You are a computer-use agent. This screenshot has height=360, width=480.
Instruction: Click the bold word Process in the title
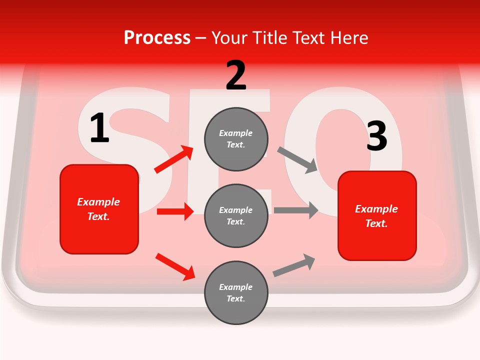(x=157, y=38)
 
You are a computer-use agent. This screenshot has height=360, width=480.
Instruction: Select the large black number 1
(x=99, y=128)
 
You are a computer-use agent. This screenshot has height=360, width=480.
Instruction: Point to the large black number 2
(x=236, y=75)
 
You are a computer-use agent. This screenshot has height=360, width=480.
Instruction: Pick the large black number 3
(x=376, y=136)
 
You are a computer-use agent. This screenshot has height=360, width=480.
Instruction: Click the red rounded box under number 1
(x=99, y=209)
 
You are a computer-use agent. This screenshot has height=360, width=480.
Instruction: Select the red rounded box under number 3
(x=377, y=216)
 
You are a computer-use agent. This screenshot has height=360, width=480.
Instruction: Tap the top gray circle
(x=236, y=139)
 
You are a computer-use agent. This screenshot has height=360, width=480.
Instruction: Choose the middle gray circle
(x=236, y=215)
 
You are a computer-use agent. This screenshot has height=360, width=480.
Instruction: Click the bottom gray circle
(x=236, y=292)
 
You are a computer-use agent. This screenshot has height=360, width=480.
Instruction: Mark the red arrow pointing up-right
(x=174, y=159)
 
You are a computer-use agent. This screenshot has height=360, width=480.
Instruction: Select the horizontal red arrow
(x=175, y=211)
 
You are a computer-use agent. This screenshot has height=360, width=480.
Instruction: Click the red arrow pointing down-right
(x=175, y=266)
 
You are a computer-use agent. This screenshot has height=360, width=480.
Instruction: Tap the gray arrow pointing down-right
(x=297, y=160)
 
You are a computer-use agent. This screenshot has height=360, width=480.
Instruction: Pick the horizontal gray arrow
(x=296, y=210)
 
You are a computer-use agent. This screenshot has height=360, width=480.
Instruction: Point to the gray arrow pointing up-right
(x=294, y=265)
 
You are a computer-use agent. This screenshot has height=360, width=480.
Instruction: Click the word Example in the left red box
(x=98, y=202)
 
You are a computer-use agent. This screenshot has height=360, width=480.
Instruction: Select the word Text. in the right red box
(x=376, y=223)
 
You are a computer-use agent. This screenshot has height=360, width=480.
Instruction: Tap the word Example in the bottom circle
(x=235, y=287)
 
